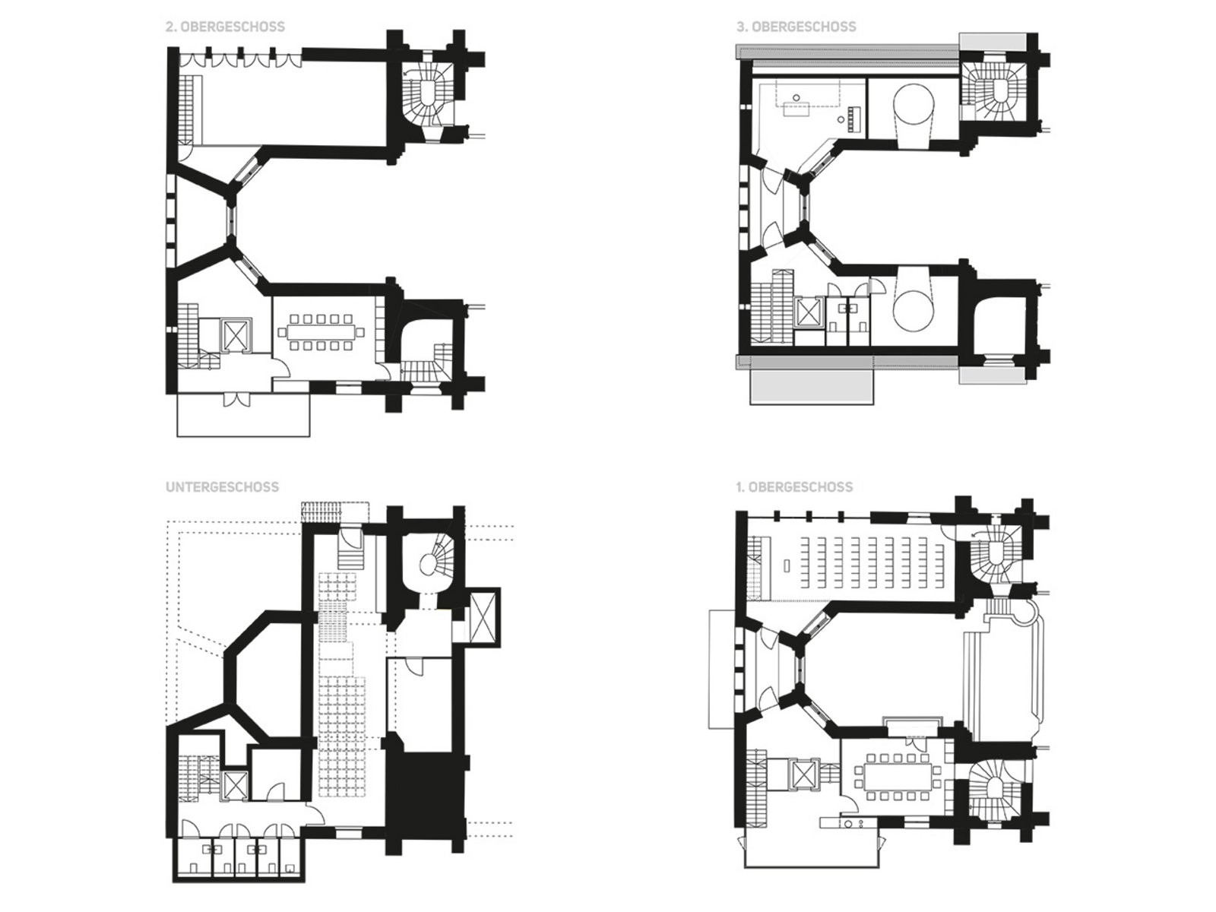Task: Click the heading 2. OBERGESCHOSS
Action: click(x=226, y=27)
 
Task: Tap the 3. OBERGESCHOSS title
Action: click(x=796, y=27)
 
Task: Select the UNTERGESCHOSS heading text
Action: click(x=222, y=486)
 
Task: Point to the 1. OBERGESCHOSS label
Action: click(x=794, y=486)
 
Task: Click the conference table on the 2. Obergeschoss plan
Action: click(x=321, y=333)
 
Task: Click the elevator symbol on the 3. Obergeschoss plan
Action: click(x=806, y=314)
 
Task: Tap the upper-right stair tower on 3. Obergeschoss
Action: click(x=994, y=93)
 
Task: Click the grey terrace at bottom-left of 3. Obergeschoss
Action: click(x=812, y=386)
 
